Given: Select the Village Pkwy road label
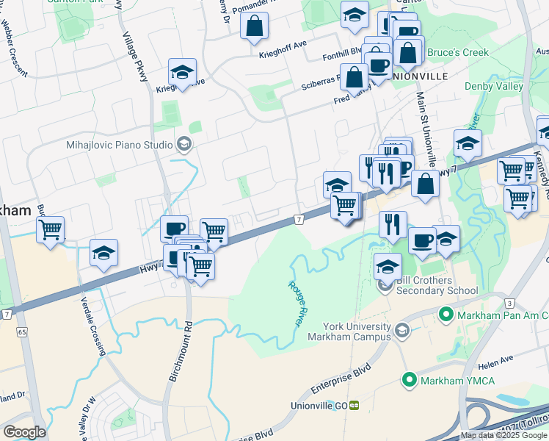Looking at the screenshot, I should coord(136,59).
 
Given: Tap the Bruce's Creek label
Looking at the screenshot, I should coord(457,52).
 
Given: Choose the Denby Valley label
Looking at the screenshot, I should coord(494,86).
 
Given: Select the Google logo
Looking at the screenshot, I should coord(24,431).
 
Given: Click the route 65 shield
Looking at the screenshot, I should coord(21,332).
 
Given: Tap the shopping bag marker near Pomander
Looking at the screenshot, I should coord(254,26).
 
